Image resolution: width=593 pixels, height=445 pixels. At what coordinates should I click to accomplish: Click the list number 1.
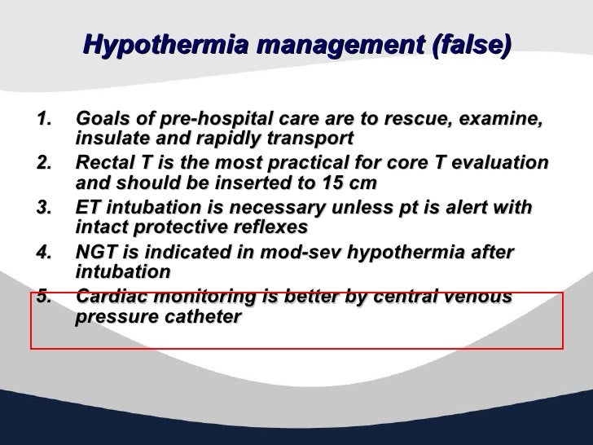46,121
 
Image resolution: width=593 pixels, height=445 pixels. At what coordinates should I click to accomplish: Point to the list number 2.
46,163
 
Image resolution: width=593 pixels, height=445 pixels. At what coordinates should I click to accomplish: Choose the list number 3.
46,209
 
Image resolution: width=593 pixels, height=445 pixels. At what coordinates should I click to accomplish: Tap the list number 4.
46,253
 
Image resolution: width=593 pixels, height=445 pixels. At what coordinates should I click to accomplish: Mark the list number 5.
46,297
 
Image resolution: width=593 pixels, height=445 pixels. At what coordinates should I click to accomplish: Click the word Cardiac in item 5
110,297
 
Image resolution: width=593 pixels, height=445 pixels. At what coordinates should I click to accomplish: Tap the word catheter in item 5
205,316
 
